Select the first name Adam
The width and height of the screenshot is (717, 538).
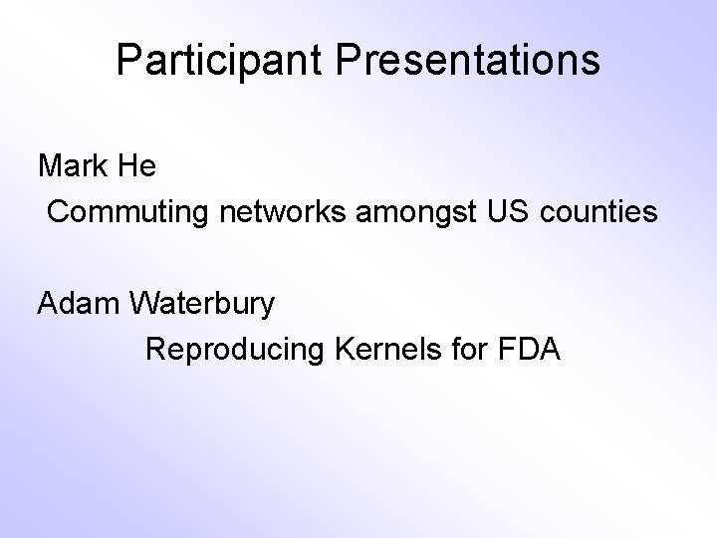click(x=79, y=303)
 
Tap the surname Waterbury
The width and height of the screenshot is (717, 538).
click(x=204, y=303)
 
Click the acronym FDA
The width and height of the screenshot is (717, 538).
click(x=531, y=350)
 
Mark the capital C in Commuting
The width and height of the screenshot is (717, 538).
click(x=58, y=212)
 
